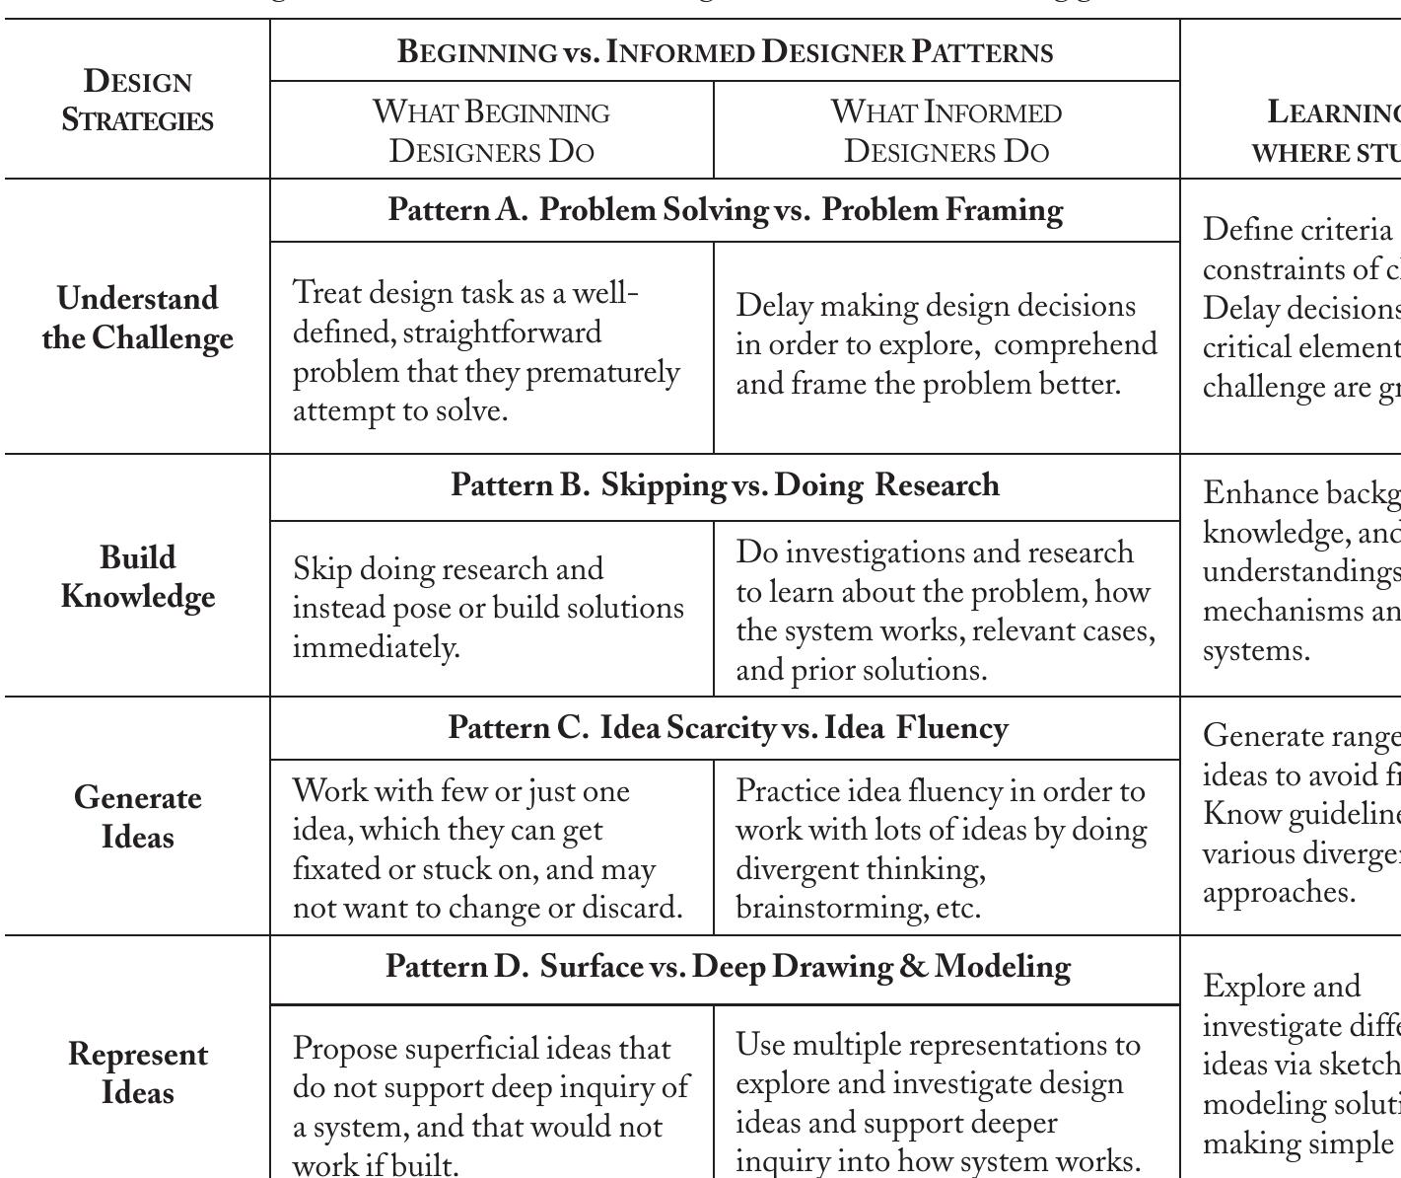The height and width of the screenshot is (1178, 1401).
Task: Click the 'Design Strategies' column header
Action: click(x=137, y=100)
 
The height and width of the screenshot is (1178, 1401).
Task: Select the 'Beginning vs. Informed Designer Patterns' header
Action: click(x=725, y=51)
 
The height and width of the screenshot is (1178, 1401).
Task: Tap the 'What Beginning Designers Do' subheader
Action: click(x=491, y=130)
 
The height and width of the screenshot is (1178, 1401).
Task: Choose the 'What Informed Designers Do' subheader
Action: click(x=946, y=130)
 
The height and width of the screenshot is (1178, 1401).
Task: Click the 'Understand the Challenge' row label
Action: click(x=137, y=318)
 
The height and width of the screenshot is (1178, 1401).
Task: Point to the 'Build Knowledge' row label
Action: click(x=137, y=576)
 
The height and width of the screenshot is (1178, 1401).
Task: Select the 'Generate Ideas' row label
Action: click(x=137, y=817)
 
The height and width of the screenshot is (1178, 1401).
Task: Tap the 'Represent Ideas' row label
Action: click(x=137, y=1073)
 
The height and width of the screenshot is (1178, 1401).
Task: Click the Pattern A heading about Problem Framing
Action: click(x=725, y=210)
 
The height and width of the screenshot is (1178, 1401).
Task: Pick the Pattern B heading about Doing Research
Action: click(x=725, y=485)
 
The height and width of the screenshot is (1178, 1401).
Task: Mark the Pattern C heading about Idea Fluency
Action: click(x=728, y=728)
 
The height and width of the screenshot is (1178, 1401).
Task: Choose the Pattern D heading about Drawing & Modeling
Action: click(x=728, y=966)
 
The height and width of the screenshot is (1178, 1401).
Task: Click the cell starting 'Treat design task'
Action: click(x=487, y=351)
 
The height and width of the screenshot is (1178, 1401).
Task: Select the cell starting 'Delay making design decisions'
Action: click(x=946, y=344)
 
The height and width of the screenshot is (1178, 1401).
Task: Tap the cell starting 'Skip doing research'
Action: click(x=488, y=608)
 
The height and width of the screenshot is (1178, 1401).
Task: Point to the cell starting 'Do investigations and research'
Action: click(x=946, y=611)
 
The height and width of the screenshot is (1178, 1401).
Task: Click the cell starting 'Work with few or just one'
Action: click(x=488, y=848)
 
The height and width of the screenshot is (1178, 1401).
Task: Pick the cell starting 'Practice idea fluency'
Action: click(x=942, y=848)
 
